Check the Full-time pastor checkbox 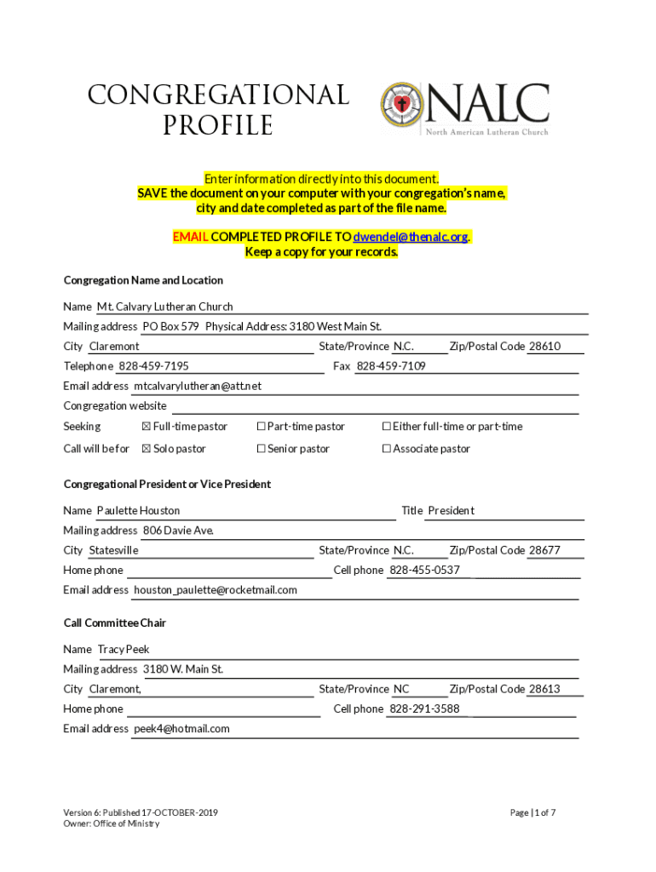(146, 427)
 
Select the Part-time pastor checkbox (261, 427)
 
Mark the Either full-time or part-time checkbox (386, 427)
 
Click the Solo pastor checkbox (146, 449)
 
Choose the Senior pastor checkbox (261, 449)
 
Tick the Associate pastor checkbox (386, 449)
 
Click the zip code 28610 (544, 347)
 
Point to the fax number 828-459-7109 (391, 366)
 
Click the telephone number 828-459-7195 (153, 366)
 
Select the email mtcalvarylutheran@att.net (198, 386)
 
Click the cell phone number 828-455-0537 (424, 571)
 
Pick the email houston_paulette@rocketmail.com (216, 590)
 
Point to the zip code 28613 (544, 689)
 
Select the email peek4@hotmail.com (181, 729)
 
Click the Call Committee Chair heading (115, 623)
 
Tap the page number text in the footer (532, 813)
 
